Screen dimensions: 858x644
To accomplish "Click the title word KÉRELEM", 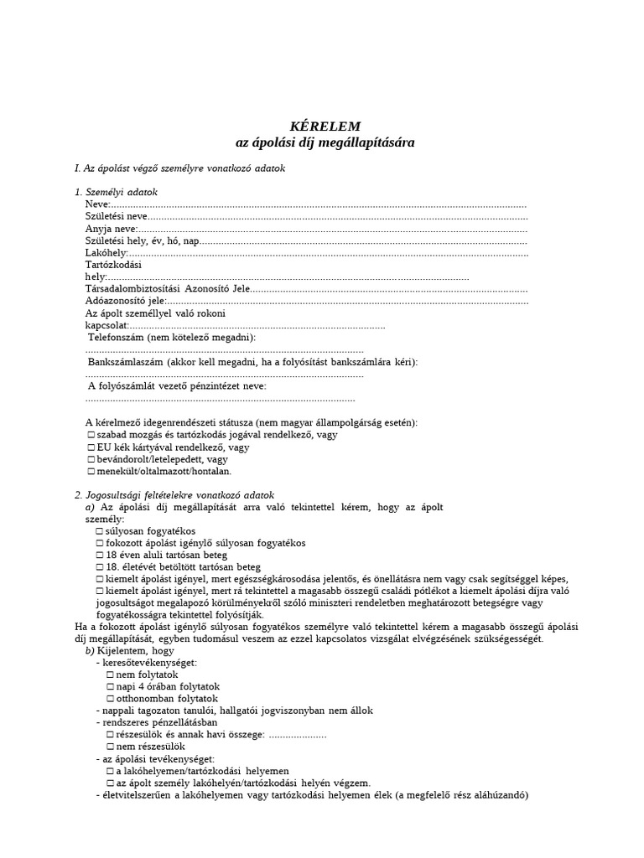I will tap(325, 126).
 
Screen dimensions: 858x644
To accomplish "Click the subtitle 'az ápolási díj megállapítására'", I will tap(325, 143).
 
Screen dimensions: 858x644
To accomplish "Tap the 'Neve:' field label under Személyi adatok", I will tap(97, 204).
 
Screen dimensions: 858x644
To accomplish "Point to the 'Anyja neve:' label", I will tap(110, 229).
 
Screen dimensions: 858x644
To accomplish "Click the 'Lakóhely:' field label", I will tap(106, 252).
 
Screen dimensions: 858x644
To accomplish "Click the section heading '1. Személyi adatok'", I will tap(116, 193).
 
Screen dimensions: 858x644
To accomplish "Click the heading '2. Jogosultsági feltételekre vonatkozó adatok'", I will tap(174, 495).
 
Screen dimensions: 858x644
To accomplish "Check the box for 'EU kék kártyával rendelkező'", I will tap(91, 447).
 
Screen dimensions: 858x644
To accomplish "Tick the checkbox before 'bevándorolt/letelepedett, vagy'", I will tap(91, 459).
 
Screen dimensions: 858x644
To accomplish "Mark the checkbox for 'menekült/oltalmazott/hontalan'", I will tap(91, 472).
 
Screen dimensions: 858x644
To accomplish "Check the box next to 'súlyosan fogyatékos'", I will tap(100, 531).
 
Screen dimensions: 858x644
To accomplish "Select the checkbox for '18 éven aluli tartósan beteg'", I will tap(100, 555).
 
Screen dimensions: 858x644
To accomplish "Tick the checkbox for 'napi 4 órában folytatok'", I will tap(111, 686).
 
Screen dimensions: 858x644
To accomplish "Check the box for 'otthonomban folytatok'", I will tap(111, 698).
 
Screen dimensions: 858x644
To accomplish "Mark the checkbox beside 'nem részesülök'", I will tap(111, 746).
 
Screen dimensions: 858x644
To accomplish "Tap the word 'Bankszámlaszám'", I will tap(126, 361).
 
